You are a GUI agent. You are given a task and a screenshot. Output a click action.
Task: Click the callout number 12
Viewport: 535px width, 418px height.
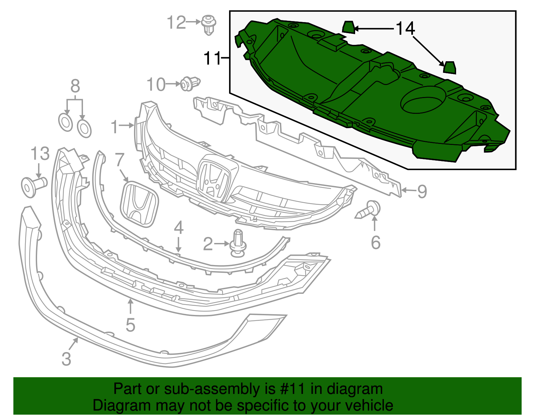pyautogui.click(x=176, y=23)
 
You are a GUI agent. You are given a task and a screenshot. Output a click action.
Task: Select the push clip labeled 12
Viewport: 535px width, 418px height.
pyautogui.click(x=209, y=24)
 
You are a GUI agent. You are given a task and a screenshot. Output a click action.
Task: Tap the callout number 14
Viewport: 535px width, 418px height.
pyautogui.click(x=405, y=28)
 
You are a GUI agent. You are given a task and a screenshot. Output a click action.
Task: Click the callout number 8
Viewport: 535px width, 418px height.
pyautogui.click(x=75, y=86)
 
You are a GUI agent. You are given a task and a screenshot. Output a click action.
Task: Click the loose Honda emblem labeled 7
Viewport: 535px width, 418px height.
pyautogui.click(x=139, y=204)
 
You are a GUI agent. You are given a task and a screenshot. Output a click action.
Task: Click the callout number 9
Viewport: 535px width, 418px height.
pyautogui.click(x=422, y=191)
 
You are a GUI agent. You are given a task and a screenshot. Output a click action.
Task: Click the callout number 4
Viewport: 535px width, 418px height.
pyautogui.click(x=179, y=228)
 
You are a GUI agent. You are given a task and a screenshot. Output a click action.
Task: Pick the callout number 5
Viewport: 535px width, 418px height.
pyautogui.click(x=130, y=325)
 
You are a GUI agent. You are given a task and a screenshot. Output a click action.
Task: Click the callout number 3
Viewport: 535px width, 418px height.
pyautogui.click(x=67, y=358)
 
